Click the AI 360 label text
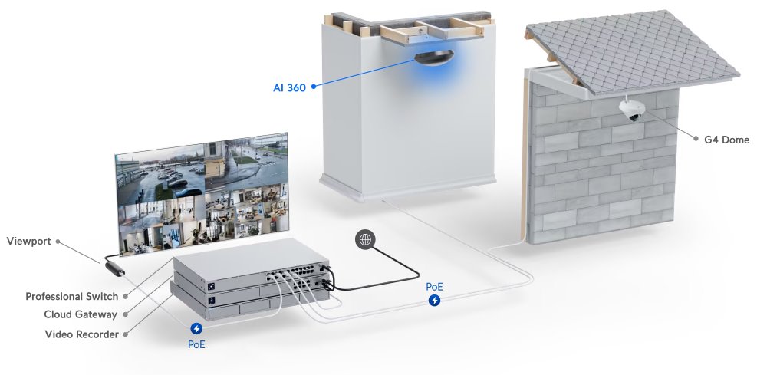(x=289, y=88)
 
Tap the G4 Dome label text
(x=726, y=140)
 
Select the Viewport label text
(x=28, y=242)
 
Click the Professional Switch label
(x=71, y=296)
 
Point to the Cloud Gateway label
(x=81, y=314)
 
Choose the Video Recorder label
(x=81, y=334)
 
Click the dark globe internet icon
(x=365, y=239)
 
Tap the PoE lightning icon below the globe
(x=435, y=301)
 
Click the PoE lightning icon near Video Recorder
(x=196, y=329)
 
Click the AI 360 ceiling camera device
(x=433, y=57)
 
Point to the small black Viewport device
(x=115, y=269)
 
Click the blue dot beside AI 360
(x=314, y=87)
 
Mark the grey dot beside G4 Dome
(x=696, y=139)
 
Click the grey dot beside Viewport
(x=58, y=242)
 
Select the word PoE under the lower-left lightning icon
(x=196, y=344)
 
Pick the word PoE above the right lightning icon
(x=435, y=287)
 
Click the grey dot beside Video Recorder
(x=126, y=334)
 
